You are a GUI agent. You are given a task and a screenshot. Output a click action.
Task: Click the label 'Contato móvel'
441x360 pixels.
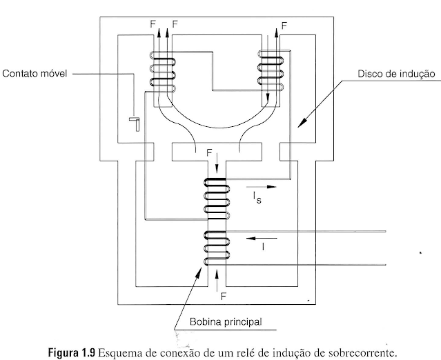pyautogui.click(x=35, y=72)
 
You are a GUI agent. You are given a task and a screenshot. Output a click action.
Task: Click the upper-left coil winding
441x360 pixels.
pyautogui.click(x=162, y=72)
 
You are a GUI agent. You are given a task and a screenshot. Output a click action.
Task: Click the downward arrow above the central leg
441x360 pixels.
pyautogui.click(x=217, y=163)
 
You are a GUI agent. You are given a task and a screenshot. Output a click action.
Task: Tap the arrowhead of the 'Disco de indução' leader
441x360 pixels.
pyautogui.click(x=299, y=125)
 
